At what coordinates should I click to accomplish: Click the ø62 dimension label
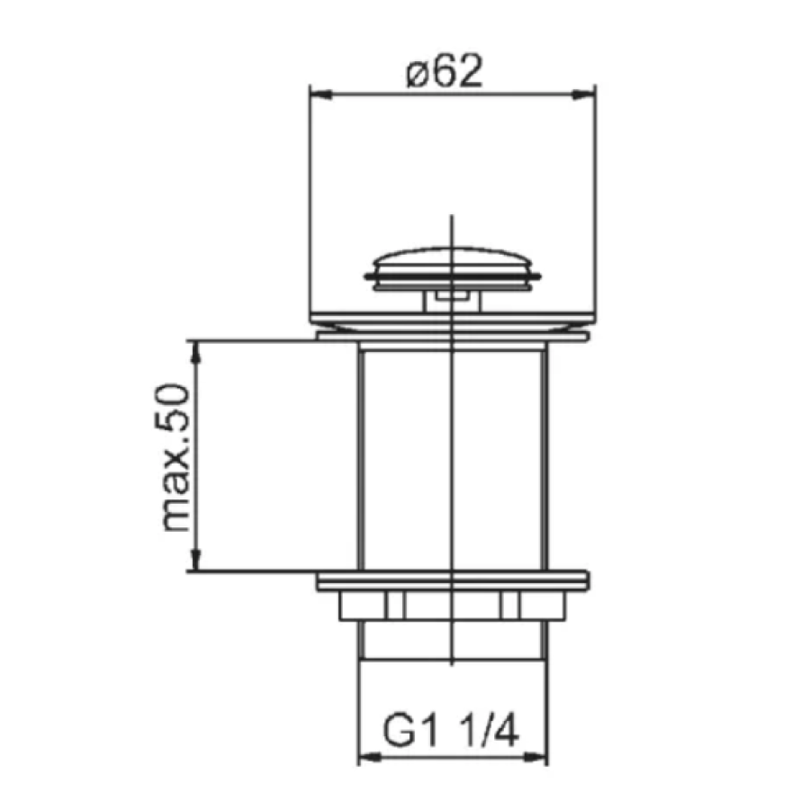(x=445, y=71)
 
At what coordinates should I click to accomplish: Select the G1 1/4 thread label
(x=451, y=731)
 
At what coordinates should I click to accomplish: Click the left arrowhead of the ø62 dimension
(x=320, y=94)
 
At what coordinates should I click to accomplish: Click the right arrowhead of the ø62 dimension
(x=585, y=94)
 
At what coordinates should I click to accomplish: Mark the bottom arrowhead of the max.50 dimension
(x=195, y=560)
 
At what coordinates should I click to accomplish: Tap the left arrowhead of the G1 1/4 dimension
(x=370, y=758)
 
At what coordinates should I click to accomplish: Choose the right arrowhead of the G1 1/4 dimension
(x=535, y=758)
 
